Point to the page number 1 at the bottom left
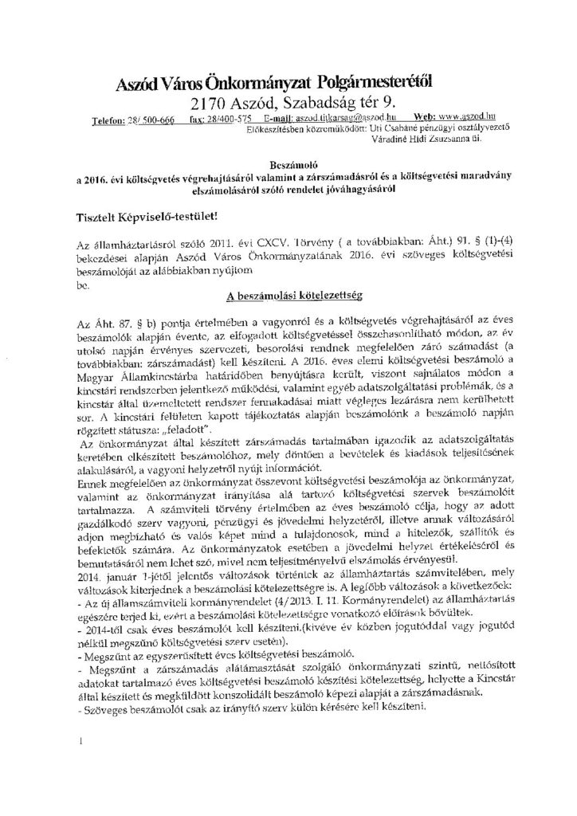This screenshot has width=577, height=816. [81, 746]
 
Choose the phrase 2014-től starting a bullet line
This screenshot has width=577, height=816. [100, 645]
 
